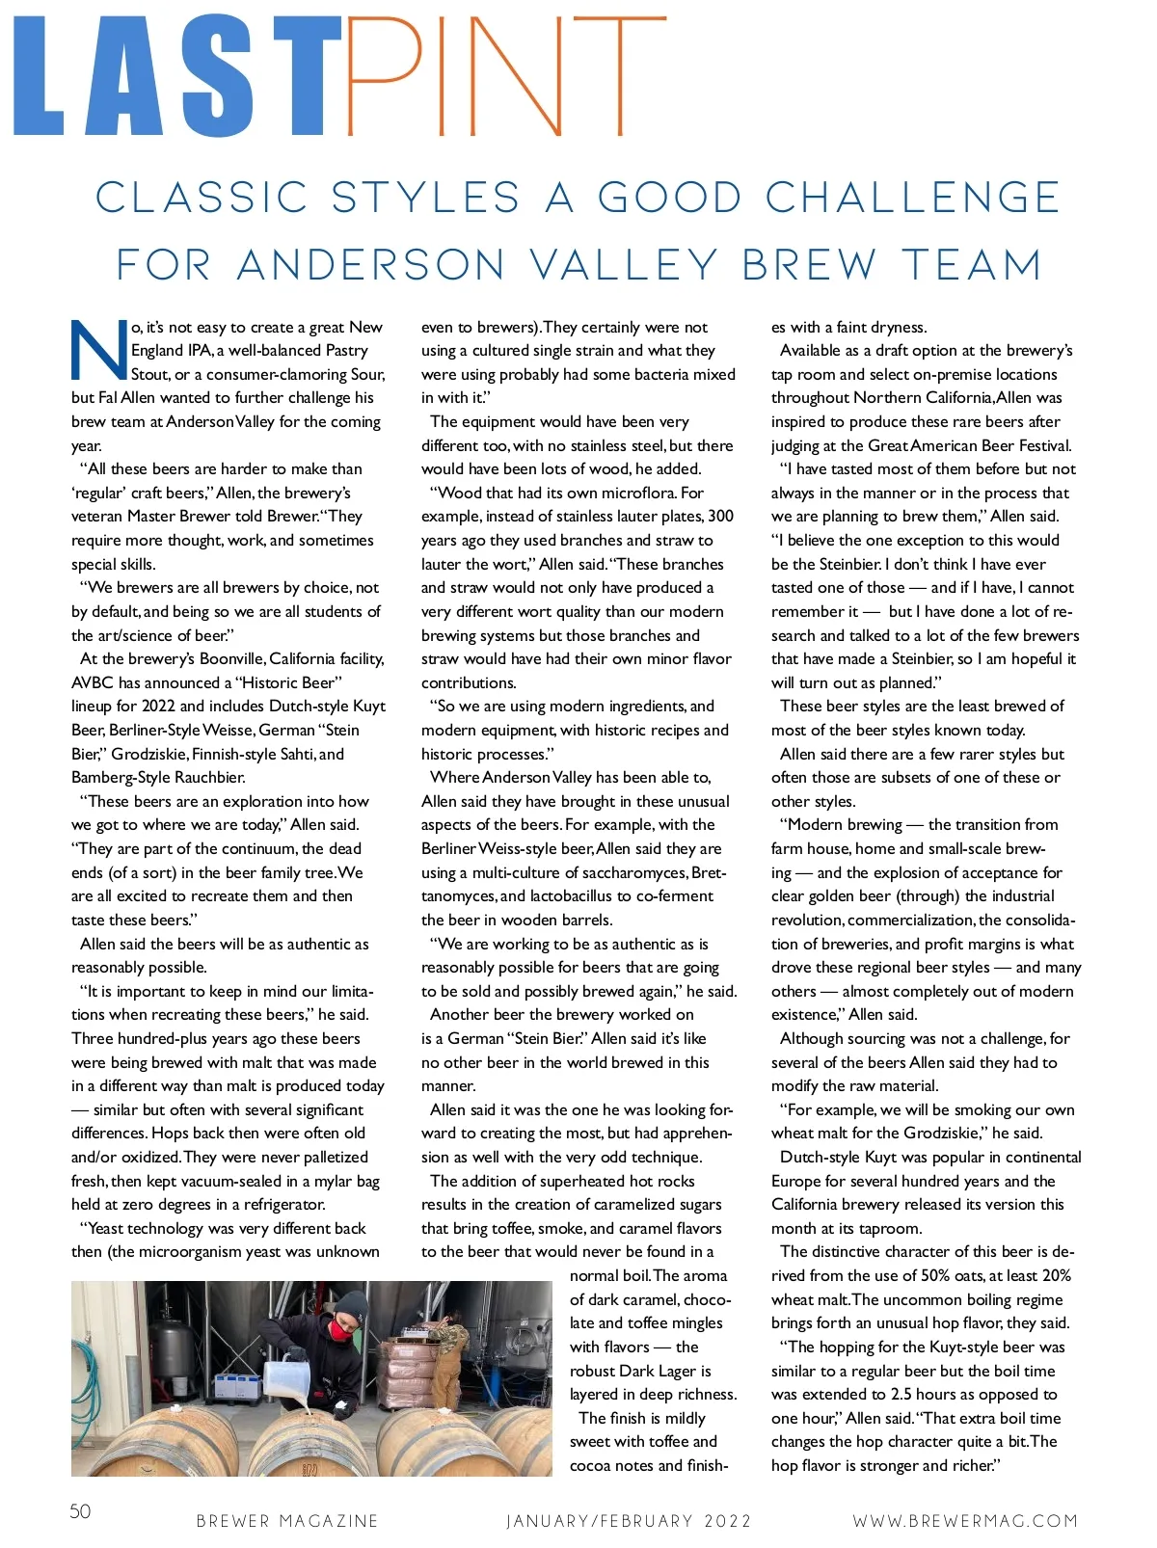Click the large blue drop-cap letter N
click(98, 350)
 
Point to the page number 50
click(80, 1510)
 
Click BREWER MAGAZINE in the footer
click(287, 1521)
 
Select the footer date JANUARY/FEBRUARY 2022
click(629, 1521)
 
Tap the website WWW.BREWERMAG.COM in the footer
click(965, 1521)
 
